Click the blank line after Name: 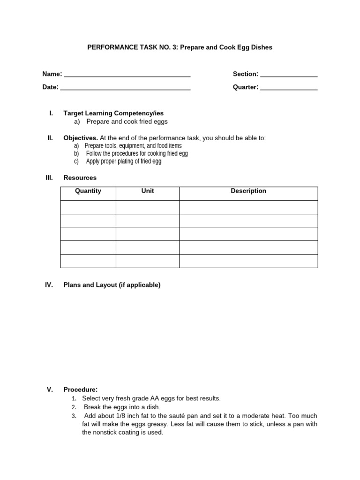click(127, 75)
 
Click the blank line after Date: click(125, 88)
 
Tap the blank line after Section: click(289, 75)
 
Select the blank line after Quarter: click(289, 88)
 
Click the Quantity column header click(88, 191)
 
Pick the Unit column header click(148, 191)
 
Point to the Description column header click(248, 191)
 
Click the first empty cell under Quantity click(88, 207)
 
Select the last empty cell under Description click(248, 261)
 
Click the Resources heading click(80, 178)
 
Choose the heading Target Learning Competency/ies click(113, 113)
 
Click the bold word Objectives click(81, 138)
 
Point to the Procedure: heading click(81, 390)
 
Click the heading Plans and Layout click(112, 285)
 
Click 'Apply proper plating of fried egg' click(124, 161)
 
